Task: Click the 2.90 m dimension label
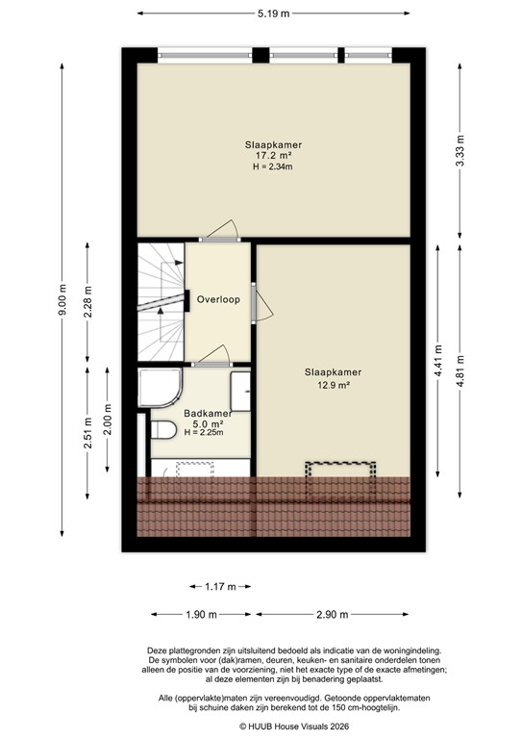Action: pos(332,614)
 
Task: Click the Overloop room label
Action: pos(218,299)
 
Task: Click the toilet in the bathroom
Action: pos(161,429)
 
